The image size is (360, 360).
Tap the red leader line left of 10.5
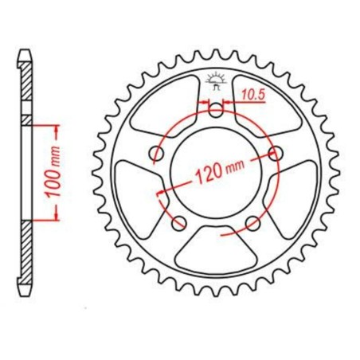(204, 102)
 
